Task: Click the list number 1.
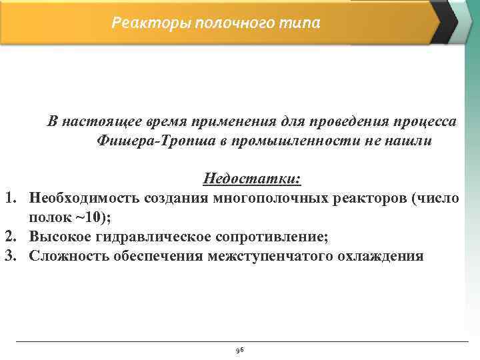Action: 11,199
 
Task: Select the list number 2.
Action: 11,237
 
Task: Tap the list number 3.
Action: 11,256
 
